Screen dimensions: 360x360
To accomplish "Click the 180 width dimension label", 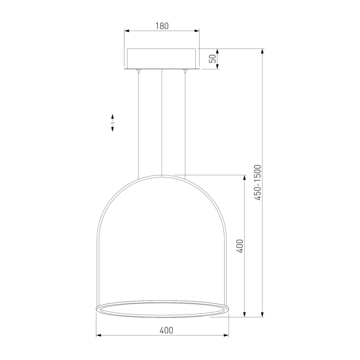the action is (x=162, y=26).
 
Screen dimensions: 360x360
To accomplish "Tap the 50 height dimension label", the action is (x=213, y=59).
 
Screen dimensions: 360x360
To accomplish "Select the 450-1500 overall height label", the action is (x=258, y=183).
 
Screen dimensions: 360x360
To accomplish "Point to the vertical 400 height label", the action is (x=239, y=246).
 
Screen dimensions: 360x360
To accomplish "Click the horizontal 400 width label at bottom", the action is (x=166, y=330).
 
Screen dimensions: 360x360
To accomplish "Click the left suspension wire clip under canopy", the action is (x=139, y=71).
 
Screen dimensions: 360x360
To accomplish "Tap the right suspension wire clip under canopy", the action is (x=185, y=71).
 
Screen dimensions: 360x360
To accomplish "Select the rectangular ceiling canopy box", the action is (x=162, y=58).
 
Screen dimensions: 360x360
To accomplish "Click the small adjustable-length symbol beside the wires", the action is (x=112, y=123).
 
